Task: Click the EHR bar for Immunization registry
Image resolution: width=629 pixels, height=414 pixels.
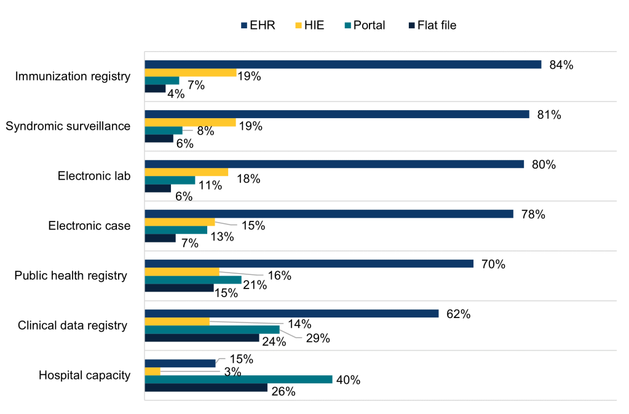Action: pyautogui.click(x=342, y=65)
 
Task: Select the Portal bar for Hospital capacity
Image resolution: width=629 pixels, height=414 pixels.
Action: pyautogui.click(x=238, y=380)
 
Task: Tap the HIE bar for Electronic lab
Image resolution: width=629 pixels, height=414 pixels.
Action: pyautogui.click(x=186, y=172)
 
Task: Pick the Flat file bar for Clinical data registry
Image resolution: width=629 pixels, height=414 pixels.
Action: pyautogui.click(x=202, y=338)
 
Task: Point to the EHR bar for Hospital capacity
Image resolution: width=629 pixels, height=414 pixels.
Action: pyautogui.click(x=180, y=363)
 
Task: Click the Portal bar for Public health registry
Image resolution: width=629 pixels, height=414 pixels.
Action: pyautogui.click(x=192, y=280)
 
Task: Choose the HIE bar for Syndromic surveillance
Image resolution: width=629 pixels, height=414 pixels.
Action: pyautogui.click(x=190, y=122)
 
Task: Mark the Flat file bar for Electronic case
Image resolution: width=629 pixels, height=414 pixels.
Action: pyautogui.click(x=160, y=238)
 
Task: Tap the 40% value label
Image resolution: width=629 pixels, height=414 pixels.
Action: pyautogui.click(x=348, y=380)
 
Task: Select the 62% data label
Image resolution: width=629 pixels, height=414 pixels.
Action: pyautogui.click(x=458, y=314)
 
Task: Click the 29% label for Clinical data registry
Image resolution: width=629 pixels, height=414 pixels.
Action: pyautogui.click(x=318, y=338)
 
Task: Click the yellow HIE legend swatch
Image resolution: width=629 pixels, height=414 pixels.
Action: pyautogui.click(x=298, y=25)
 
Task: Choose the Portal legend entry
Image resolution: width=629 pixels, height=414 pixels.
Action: pyautogui.click(x=364, y=25)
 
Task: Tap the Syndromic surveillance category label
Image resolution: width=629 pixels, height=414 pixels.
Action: pyautogui.click(x=68, y=126)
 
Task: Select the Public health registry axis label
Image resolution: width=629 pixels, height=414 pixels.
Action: pyautogui.click(x=70, y=276)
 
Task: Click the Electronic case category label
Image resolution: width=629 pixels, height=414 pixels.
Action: pyautogui.click(x=89, y=226)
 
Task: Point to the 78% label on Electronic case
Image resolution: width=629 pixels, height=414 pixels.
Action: pyautogui.click(x=532, y=215)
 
